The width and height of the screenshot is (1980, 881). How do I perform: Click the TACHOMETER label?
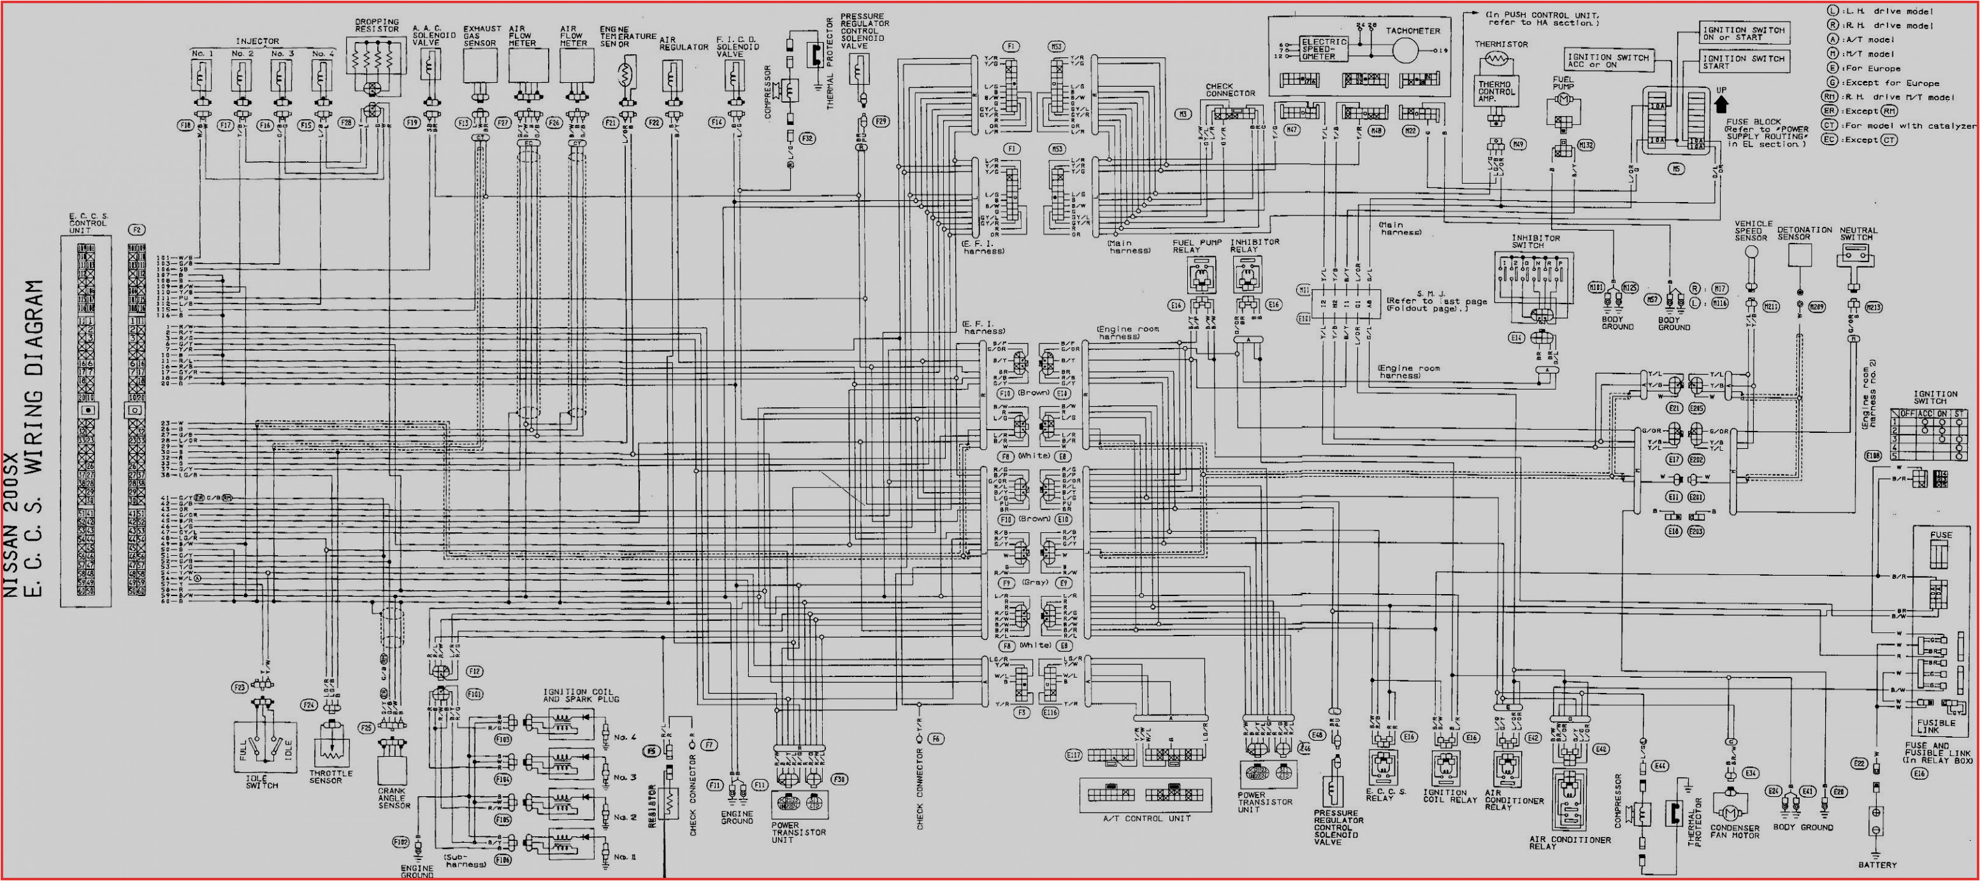point(1413,31)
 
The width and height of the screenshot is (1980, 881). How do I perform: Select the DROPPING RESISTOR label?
point(377,25)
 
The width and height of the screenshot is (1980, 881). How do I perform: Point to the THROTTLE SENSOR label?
point(331,776)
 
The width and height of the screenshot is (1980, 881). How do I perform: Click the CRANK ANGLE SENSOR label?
point(394,797)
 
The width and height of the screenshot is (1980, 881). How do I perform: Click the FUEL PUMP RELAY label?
point(1197,246)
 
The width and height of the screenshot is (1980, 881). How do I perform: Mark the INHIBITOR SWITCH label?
point(1536,242)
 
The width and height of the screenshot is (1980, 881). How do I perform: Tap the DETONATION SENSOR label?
point(1804,233)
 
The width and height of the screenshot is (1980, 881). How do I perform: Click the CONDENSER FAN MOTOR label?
point(1735,831)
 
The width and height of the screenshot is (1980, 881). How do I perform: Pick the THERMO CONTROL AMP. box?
point(1495,92)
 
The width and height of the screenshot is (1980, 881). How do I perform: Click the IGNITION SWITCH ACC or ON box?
point(1607,61)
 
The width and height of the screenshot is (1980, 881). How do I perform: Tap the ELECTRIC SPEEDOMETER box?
point(1324,48)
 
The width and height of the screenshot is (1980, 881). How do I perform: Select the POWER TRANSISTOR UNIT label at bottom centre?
point(799,832)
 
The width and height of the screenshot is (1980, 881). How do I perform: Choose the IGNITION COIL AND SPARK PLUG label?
point(581,695)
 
